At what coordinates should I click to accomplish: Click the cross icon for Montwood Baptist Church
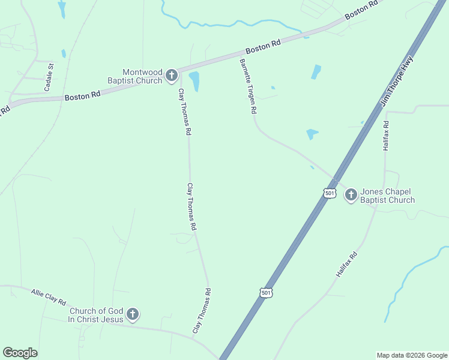[171, 75]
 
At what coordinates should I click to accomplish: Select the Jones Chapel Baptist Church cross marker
[351, 194]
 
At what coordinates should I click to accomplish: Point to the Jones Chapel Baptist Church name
[387, 196]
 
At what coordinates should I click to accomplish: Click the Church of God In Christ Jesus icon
[133, 314]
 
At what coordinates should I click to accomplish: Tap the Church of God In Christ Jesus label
[96, 315]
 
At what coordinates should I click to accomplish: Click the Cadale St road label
[48, 77]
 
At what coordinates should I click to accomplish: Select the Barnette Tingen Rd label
[248, 86]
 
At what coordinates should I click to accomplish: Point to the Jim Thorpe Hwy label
[397, 82]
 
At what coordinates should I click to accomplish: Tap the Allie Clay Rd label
[48, 296]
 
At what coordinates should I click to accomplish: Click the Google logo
[20, 353]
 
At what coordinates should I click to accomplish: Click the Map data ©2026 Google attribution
[412, 355]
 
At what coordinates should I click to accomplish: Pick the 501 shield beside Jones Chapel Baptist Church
[329, 193]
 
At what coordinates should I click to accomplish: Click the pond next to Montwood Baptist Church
[194, 81]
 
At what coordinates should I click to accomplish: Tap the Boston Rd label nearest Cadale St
[82, 96]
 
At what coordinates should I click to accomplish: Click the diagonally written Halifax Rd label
[347, 264]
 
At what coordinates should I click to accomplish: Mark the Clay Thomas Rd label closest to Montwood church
[184, 112]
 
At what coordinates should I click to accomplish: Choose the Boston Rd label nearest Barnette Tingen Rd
[264, 47]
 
